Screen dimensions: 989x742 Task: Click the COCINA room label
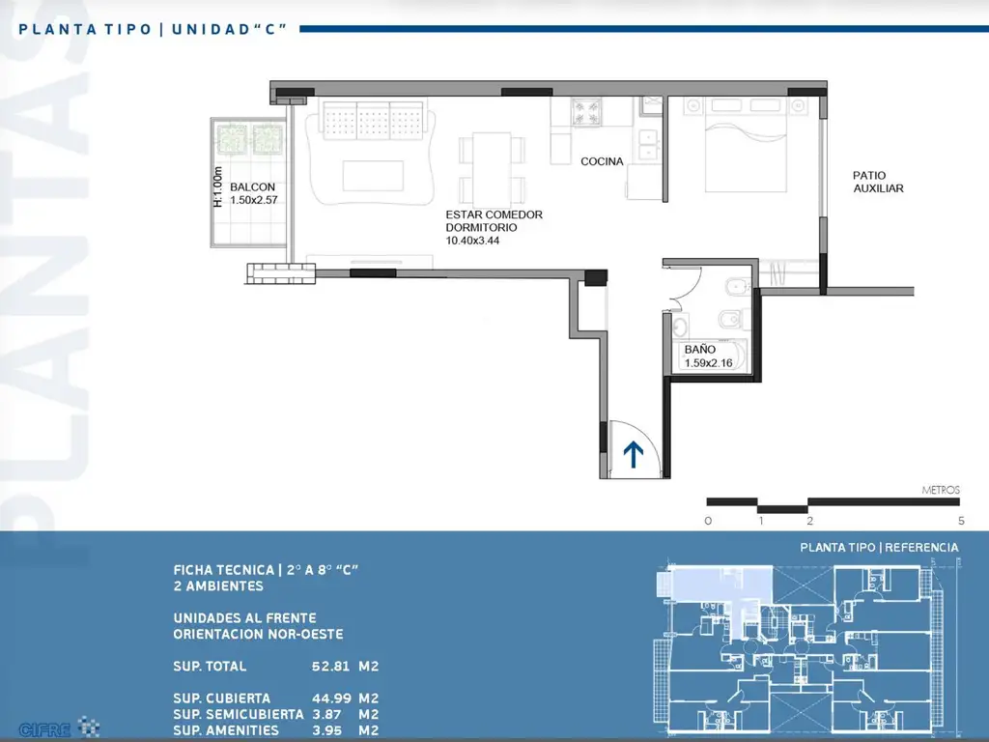pos(602,161)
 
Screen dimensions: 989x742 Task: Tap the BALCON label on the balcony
pos(252,186)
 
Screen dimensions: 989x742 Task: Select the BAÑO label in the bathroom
pos(700,350)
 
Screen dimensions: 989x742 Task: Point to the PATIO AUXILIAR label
pos(878,182)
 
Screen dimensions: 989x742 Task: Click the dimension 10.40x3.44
pos(472,241)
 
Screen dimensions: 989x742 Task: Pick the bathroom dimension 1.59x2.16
pos(708,363)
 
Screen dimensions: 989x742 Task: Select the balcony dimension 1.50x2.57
pos(254,200)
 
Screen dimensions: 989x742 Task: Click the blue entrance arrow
pos(634,454)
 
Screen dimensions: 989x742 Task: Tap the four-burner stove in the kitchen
pos(586,112)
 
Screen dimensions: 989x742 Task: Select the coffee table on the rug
pos(373,176)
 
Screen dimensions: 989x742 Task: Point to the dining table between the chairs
pos(492,167)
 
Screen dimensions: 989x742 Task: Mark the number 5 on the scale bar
pos(961,521)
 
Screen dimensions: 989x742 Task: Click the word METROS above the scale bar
pos(941,490)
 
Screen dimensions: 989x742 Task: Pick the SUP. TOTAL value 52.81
pos(330,667)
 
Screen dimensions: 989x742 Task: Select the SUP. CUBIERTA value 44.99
pos(331,699)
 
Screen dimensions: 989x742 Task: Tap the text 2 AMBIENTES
pos(218,586)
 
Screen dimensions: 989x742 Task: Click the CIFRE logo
pos(58,728)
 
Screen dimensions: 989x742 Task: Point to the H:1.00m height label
pos(218,186)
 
